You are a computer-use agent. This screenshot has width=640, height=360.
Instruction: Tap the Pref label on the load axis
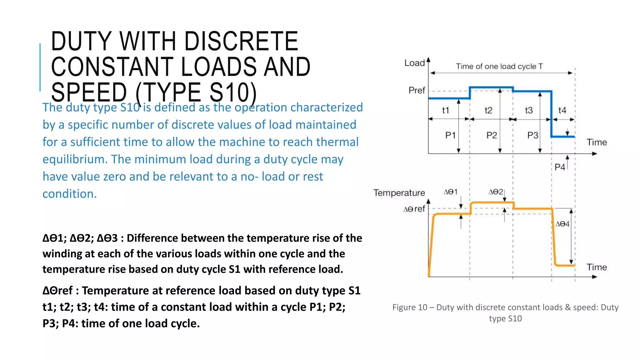click(417, 90)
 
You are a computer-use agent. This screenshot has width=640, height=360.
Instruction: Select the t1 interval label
click(445, 110)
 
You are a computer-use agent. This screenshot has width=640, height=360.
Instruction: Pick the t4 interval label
click(562, 110)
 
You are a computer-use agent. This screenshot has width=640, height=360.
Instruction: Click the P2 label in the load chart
click(492, 135)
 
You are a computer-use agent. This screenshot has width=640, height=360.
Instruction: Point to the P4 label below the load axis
click(560, 167)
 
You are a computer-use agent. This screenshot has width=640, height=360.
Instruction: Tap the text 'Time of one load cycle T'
click(499, 66)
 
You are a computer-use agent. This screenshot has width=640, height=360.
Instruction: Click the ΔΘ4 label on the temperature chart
click(562, 224)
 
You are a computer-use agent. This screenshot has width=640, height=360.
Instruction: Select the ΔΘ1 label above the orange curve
click(451, 192)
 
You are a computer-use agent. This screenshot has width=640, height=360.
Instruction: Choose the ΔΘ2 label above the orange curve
click(496, 192)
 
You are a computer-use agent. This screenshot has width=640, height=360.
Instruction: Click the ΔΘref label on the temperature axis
click(414, 209)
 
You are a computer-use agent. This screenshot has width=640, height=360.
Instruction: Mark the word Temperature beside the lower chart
click(399, 193)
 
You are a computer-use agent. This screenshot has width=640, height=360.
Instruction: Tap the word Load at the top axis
click(415, 63)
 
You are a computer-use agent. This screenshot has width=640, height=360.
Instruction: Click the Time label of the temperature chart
click(597, 267)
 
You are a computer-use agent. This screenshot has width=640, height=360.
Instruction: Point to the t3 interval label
click(529, 110)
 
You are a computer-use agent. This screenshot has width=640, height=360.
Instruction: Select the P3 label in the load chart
click(533, 135)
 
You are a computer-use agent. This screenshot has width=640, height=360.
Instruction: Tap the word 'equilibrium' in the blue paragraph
click(75, 159)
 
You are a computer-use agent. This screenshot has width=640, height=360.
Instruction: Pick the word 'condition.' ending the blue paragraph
click(70, 194)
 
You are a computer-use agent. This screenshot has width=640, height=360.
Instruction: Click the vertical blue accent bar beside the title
click(40, 67)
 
